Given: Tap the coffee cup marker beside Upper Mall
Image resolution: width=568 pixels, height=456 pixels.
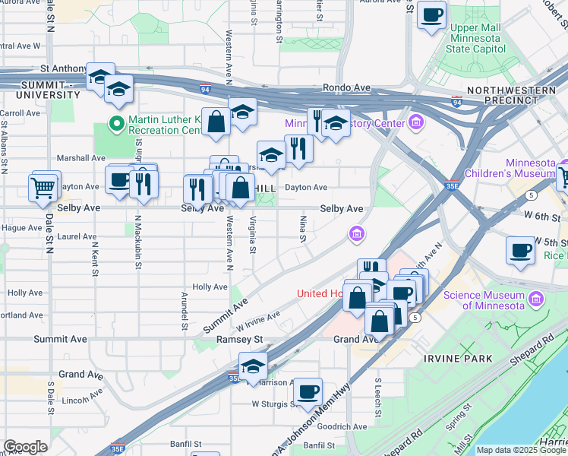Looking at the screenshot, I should tap(431, 15).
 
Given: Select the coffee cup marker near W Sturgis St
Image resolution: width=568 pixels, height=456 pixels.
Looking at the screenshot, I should tap(308, 392).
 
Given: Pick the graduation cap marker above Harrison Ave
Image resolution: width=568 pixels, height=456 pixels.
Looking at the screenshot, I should tap(253, 365).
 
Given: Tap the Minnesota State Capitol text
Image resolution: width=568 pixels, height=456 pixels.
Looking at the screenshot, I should tap(478, 38).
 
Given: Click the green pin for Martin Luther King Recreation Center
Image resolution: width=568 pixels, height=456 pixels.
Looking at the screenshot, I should tap(117, 122).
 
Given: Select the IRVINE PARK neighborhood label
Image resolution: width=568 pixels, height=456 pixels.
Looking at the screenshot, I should tap(458, 358).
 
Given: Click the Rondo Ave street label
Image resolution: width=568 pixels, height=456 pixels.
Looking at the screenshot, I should tap(346, 87).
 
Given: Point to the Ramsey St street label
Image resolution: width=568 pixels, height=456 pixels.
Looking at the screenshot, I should tap(239, 339).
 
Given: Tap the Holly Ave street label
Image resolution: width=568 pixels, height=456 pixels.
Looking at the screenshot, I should tap(210, 287).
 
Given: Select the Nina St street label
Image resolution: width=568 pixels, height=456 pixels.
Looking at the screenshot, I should tap(302, 229).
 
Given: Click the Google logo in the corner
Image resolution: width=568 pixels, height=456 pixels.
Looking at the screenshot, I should tap(25, 447).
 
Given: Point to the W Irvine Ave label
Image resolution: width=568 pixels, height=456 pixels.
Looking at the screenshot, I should tap(258, 318).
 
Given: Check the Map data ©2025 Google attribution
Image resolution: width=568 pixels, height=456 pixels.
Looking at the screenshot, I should tap(521, 450).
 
